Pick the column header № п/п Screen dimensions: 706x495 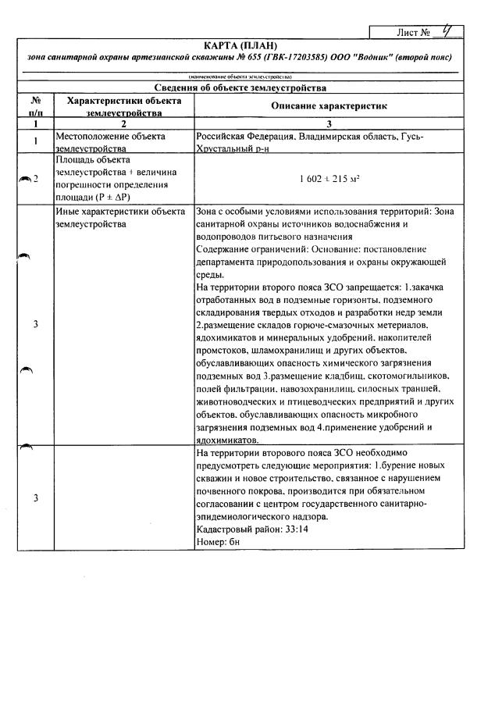click(35, 106)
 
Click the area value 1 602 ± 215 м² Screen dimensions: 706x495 click(329, 178)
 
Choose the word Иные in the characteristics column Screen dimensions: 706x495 click(69, 212)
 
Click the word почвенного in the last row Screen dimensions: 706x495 click(228, 490)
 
